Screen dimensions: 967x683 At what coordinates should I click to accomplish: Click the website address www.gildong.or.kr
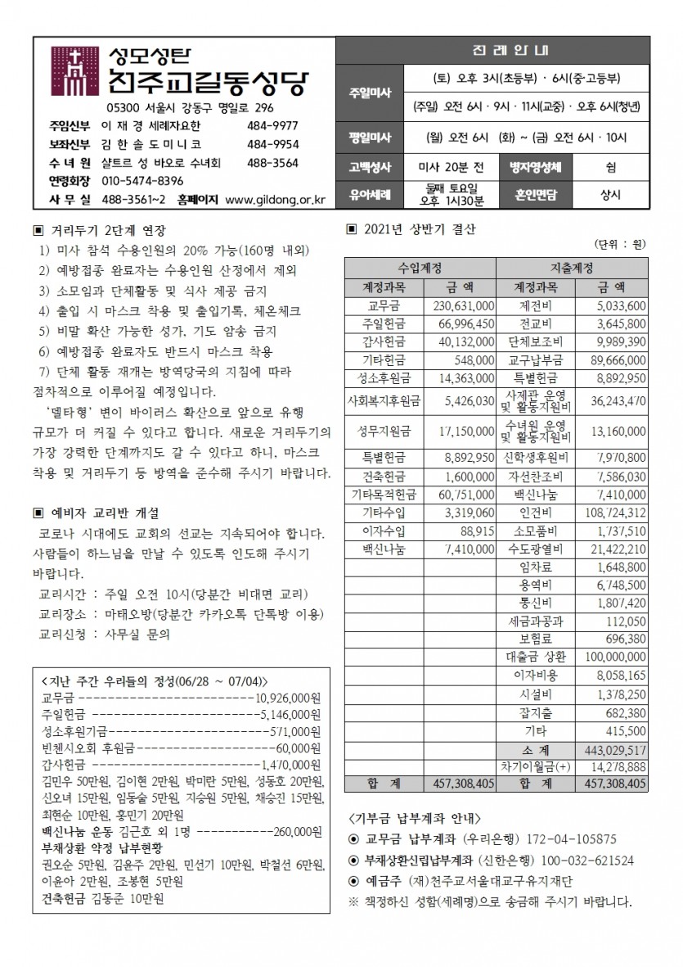[x=274, y=199]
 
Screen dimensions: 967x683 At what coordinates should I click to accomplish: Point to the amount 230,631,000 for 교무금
[x=462, y=305]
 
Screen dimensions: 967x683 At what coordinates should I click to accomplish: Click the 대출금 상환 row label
[x=536, y=657]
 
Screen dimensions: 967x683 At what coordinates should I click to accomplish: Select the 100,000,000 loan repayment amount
[x=612, y=657]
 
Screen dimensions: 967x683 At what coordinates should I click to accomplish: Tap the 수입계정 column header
[x=420, y=269]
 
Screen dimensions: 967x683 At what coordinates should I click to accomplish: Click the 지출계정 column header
[x=573, y=269]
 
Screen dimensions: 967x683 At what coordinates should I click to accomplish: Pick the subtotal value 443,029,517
[x=612, y=749]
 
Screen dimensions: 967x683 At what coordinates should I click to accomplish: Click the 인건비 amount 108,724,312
[x=612, y=513]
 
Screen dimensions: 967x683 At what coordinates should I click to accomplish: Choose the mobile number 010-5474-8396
[x=142, y=180]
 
